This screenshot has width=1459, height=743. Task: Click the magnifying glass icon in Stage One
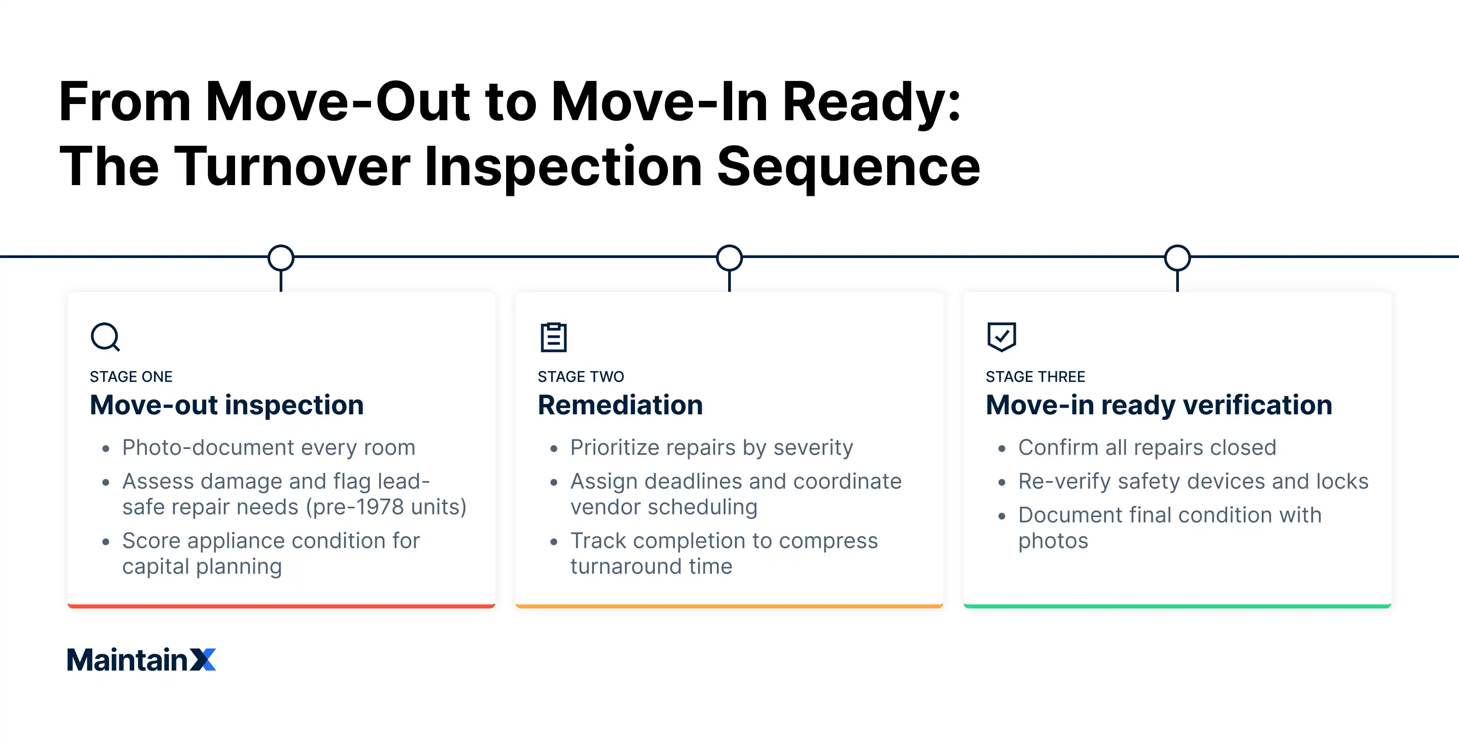tap(105, 337)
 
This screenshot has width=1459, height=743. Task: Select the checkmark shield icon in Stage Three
tap(1001, 336)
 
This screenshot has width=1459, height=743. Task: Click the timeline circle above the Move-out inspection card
tap(281, 258)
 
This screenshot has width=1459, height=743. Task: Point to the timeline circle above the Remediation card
tap(729, 258)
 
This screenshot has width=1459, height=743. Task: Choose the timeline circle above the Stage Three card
tap(1177, 258)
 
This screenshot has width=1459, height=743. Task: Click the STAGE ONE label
tap(131, 376)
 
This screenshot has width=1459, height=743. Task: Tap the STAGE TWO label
tap(580, 376)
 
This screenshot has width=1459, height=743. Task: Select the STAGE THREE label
tap(1035, 376)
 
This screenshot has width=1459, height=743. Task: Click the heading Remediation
tap(620, 405)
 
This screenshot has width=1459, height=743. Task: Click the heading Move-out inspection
tap(227, 405)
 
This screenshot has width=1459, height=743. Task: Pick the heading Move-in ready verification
tap(1159, 405)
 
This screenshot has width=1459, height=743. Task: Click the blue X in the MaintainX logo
tap(203, 660)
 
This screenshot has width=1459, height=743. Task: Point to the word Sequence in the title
tap(848, 167)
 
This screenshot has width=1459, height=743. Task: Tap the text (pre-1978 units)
tap(386, 507)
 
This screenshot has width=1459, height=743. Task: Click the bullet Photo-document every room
tap(268, 448)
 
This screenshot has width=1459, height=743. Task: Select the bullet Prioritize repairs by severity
tap(711, 448)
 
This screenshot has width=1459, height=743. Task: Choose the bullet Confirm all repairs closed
tap(1147, 448)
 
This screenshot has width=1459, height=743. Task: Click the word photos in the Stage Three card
tap(1053, 541)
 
